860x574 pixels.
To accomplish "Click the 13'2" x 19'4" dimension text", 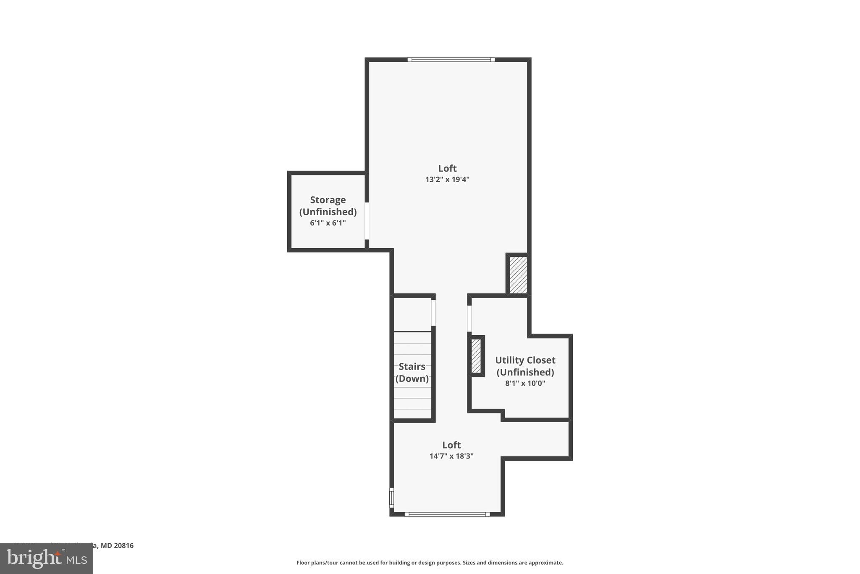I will [447, 180].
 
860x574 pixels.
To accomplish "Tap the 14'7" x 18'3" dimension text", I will [451, 456].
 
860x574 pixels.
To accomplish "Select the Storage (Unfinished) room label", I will [328, 206].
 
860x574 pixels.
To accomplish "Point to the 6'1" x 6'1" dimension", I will [328, 223].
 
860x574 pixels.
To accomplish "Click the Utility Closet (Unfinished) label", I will [525, 366].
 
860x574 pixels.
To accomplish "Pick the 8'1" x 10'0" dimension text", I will [525, 384].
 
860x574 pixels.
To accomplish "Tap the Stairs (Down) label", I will [412, 373].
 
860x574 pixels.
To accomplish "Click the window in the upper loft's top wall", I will [451, 60].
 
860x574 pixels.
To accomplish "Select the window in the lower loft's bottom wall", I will [447, 514].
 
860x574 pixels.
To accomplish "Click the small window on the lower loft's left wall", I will [392, 497].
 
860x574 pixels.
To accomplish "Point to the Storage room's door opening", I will [367, 221].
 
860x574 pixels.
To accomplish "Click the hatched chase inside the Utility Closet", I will [476, 356].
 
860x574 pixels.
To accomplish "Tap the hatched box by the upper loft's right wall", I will [518, 275].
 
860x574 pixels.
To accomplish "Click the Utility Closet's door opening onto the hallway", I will [469, 319].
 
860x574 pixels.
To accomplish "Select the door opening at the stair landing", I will [433, 312].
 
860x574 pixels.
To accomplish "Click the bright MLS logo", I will [47, 558].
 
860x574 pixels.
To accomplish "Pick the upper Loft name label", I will [447, 168].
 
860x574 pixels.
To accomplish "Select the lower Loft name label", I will [451, 445].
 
